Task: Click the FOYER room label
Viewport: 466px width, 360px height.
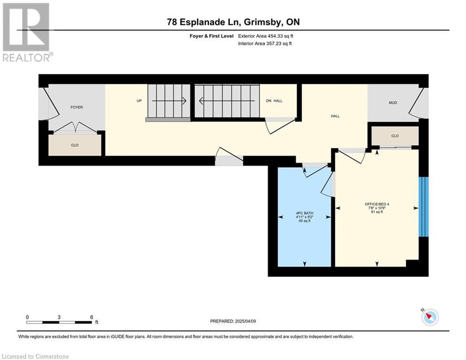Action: point(77,107)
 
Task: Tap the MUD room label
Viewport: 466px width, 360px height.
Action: point(393,103)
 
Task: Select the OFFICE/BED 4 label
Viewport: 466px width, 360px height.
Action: point(377,204)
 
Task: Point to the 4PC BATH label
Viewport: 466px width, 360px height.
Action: point(304,213)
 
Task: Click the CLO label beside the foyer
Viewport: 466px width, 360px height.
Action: point(74,145)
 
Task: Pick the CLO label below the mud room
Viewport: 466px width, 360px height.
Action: point(395,136)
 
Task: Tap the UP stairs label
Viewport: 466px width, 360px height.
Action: point(139,101)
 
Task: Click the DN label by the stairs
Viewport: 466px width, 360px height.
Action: point(269,101)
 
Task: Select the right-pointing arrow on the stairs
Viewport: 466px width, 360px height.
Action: point(169,101)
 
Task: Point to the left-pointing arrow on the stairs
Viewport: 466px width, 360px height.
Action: point(227,101)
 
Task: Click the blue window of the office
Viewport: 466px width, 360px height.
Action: point(423,207)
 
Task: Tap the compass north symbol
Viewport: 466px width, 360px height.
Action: point(430,317)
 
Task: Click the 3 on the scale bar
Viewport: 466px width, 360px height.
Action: point(59,317)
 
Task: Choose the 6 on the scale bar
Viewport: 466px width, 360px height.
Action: point(91,317)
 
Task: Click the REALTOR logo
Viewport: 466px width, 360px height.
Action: point(27,32)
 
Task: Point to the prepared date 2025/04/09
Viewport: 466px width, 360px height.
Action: point(245,321)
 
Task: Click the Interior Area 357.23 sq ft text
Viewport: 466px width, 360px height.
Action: point(265,44)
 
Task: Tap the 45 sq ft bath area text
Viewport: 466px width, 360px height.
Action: point(304,221)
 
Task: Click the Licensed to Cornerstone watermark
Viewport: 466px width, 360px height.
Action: point(35,356)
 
